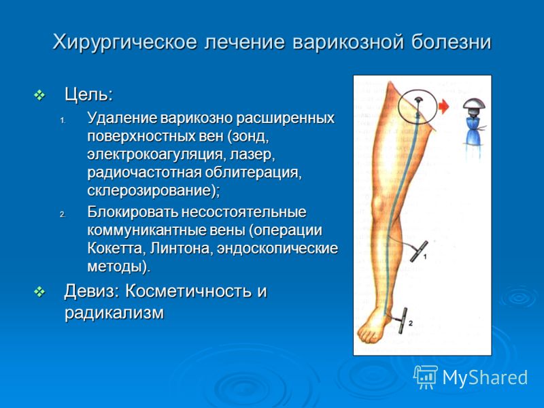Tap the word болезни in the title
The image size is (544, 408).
click(452, 42)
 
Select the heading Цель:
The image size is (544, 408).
click(89, 95)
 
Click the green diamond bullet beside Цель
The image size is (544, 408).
click(40, 95)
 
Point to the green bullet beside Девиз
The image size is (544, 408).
click(40, 292)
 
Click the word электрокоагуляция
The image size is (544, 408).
click(153, 154)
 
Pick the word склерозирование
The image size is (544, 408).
click(149, 191)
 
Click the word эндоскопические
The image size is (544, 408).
click(277, 249)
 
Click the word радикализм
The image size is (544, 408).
click(114, 313)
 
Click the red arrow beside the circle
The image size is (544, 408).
click(443, 107)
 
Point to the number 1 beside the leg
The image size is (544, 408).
click(424, 257)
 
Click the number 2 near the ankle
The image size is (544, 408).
click(411, 324)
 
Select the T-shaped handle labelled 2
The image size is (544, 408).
click(403, 320)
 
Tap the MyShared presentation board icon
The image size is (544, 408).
click(425, 377)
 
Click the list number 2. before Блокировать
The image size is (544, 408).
click(63, 215)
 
